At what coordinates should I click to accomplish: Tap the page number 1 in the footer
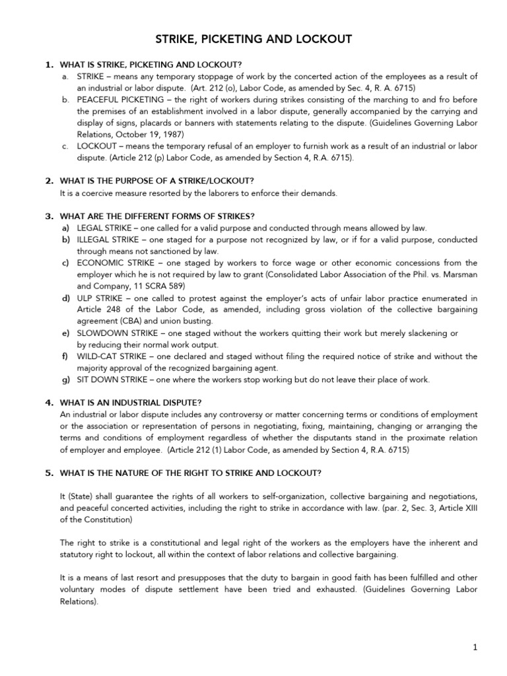(475, 648)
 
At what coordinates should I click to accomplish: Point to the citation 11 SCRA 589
(159, 286)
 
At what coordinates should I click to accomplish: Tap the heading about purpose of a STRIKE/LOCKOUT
(156, 181)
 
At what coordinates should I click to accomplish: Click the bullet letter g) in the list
(66, 380)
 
